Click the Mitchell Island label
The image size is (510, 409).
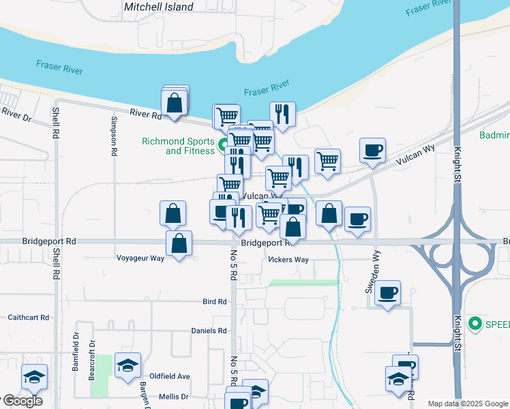point(159,7)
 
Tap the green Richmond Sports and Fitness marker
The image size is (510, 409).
point(222,144)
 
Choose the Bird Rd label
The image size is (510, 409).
point(214,301)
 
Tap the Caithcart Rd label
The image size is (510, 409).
point(29,318)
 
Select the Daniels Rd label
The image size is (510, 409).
point(209,331)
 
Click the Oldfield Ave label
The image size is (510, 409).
point(170,376)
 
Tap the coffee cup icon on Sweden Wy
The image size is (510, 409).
point(387,292)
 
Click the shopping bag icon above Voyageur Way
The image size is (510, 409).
point(179,243)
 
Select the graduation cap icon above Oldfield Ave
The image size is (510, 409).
point(127,365)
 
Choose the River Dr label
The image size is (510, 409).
point(16,114)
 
